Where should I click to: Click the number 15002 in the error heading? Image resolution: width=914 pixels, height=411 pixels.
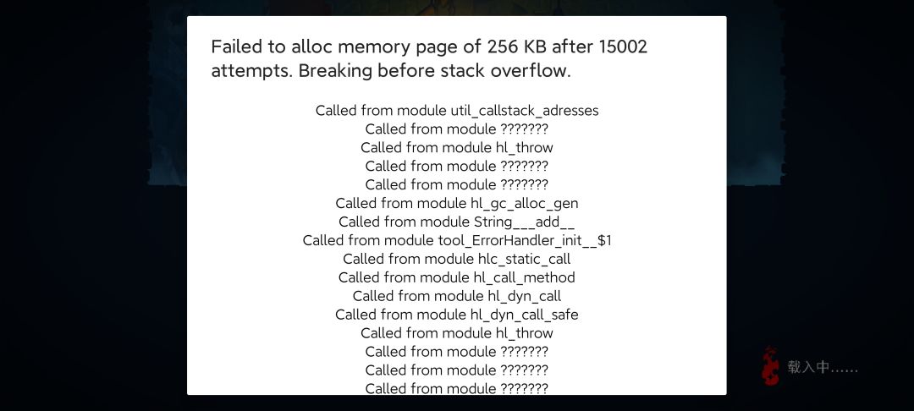(623, 47)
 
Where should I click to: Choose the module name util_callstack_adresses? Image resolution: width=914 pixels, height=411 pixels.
(525, 111)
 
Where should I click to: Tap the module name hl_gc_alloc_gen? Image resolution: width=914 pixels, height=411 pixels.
(524, 204)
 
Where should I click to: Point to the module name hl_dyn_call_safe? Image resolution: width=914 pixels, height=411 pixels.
(524, 315)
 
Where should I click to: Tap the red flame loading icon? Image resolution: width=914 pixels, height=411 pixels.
(771, 365)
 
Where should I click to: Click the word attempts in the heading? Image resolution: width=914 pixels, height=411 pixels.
(252, 72)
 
